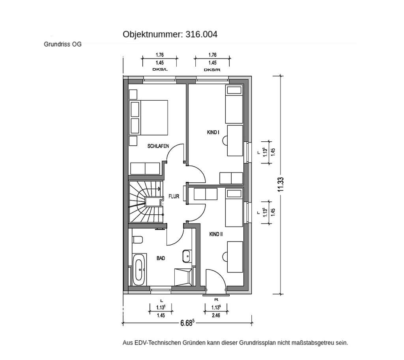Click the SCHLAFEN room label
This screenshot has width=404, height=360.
point(158,146)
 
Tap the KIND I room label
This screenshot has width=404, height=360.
point(213,133)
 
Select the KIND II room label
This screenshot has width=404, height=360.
point(216,234)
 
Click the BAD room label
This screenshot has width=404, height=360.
point(161,258)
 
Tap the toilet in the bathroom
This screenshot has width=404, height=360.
point(138,240)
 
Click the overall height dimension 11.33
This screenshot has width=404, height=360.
point(281,184)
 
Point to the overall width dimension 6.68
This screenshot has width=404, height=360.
point(187,323)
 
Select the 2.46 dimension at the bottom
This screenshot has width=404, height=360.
point(215,315)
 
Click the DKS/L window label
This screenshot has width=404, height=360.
point(160,70)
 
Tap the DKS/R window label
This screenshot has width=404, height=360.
point(212,70)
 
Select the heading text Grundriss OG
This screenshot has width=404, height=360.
point(62,45)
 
